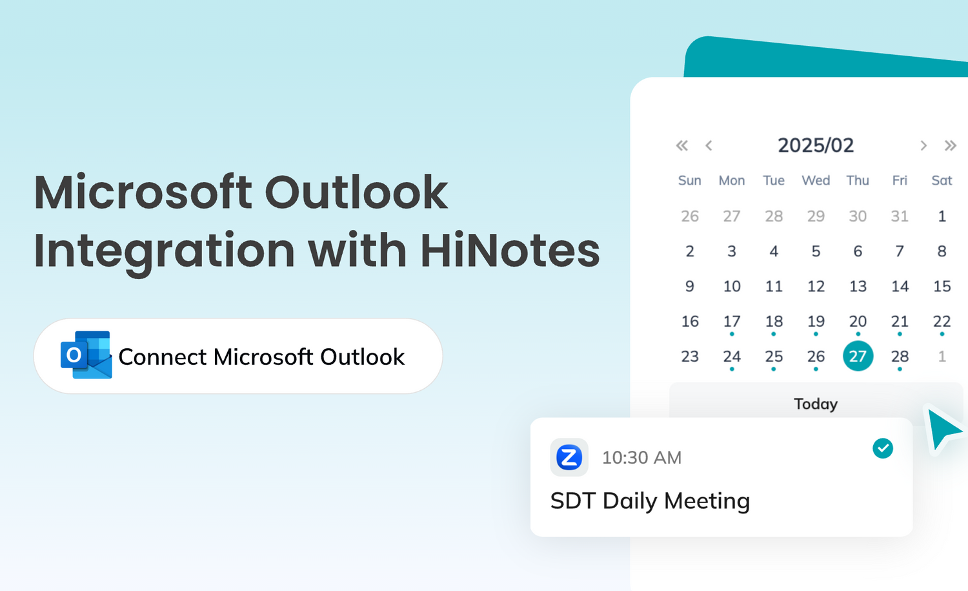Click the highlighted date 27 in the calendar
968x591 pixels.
(858, 356)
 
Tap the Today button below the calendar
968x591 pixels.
(816, 403)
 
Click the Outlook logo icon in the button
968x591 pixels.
(86, 355)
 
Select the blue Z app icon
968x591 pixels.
(569, 457)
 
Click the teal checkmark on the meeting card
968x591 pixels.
(883, 448)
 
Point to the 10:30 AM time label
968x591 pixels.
(641, 458)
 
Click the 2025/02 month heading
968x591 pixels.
(816, 145)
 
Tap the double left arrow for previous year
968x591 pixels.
(682, 145)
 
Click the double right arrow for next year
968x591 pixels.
(951, 145)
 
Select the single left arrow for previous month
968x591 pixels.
(709, 145)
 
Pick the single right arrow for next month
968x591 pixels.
(923, 145)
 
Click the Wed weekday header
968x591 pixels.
(816, 180)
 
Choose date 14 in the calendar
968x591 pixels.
(900, 286)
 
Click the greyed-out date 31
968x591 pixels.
(900, 216)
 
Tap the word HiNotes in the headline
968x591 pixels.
(510, 250)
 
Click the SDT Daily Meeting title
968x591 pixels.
(650, 501)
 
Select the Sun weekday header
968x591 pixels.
(690, 180)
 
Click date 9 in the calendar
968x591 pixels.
(690, 286)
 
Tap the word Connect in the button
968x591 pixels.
(163, 357)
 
